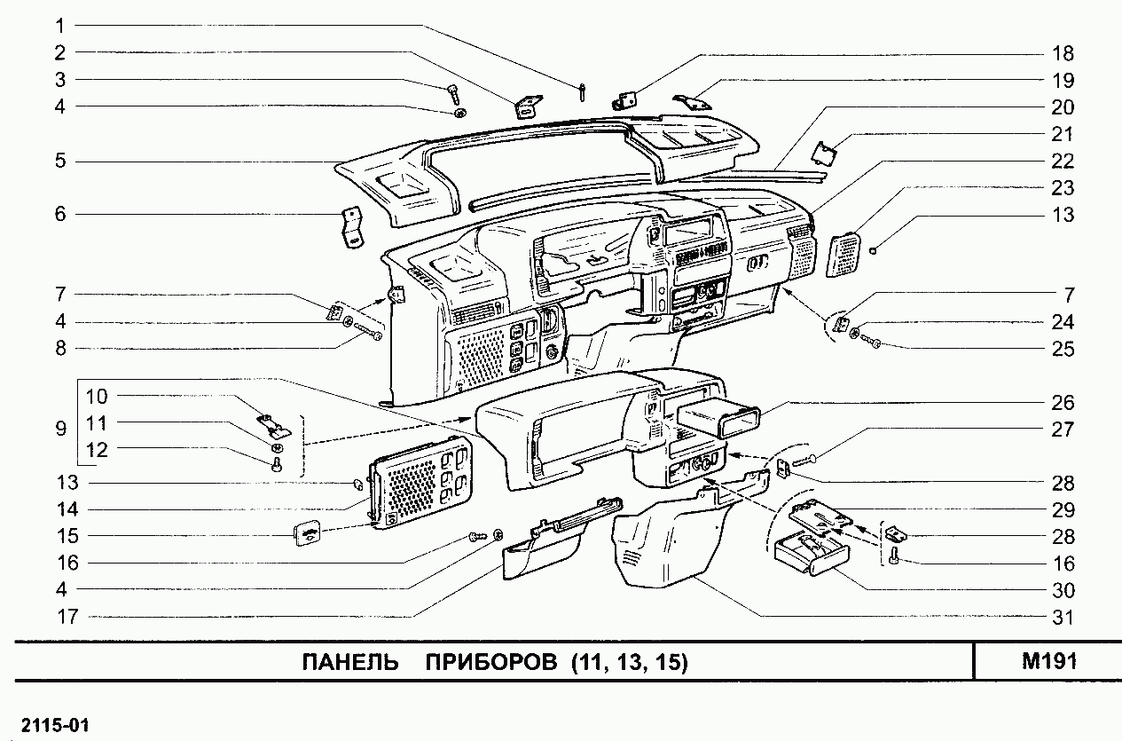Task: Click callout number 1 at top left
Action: [60, 25]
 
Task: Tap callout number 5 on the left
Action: [60, 162]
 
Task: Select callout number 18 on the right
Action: [1062, 52]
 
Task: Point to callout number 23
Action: [1062, 188]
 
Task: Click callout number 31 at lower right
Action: [1062, 618]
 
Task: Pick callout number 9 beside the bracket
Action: [60, 430]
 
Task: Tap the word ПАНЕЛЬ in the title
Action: [348, 663]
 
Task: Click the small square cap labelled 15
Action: [307, 535]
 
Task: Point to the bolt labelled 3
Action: [452, 91]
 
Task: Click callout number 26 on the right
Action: [1062, 402]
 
